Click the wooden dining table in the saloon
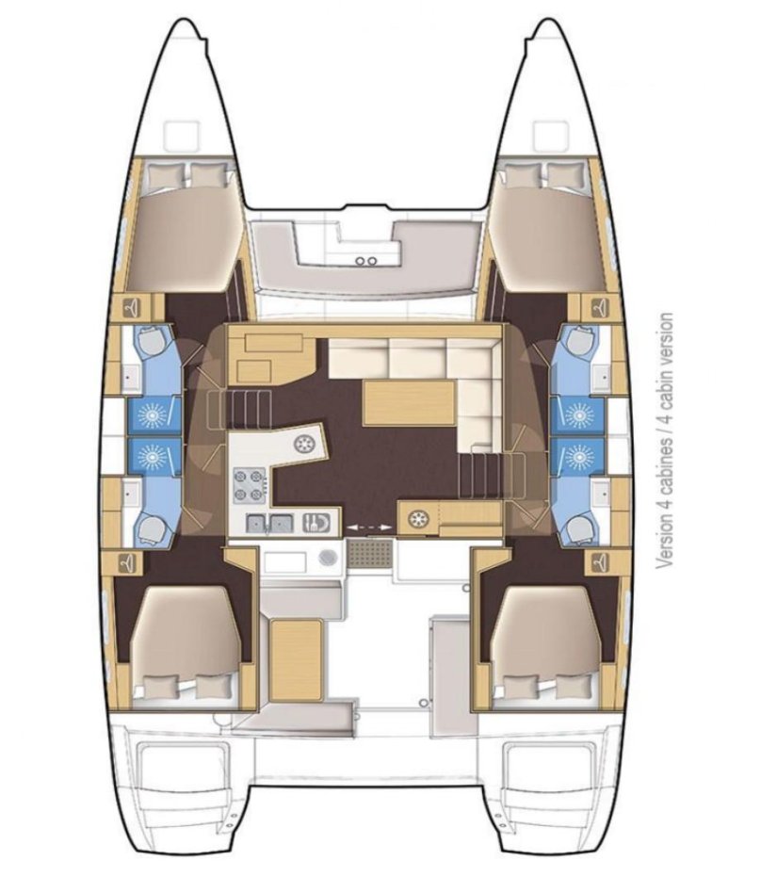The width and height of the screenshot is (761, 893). click(409, 403)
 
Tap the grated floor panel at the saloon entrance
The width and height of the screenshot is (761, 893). click(369, 555)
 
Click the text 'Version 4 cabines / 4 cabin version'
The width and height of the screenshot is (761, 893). click(667, 441)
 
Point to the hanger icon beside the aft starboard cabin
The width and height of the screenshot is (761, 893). click(599, 563)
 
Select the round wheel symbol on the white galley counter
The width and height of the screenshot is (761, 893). click(305, 443)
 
